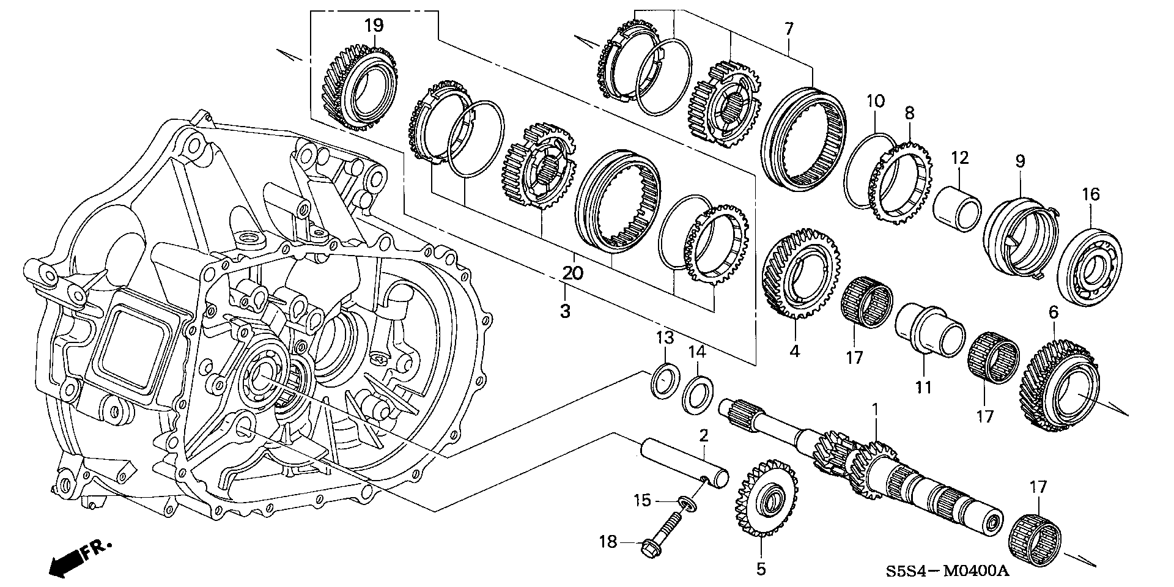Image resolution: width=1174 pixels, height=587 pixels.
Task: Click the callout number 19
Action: (374, 26)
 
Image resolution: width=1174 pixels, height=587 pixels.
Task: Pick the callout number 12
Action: (959, 158)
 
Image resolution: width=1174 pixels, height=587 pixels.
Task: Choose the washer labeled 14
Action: (697, 396)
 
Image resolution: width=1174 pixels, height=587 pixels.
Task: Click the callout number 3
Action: (565, 311)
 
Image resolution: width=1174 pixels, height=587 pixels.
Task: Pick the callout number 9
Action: (1020, 161)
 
